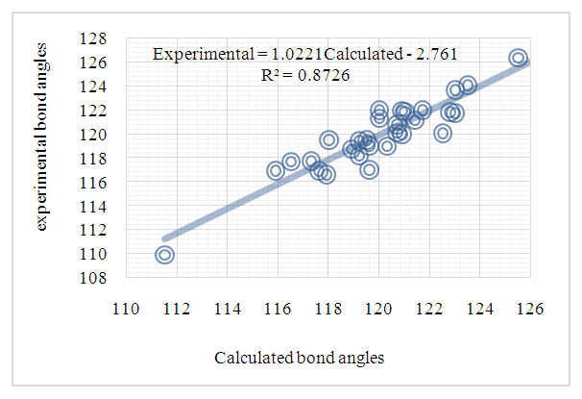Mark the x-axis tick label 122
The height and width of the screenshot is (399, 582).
[x=428, y=310]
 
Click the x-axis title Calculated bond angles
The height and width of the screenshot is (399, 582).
[x=300, y=358]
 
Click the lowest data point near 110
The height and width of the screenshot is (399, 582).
[x=164, y=255]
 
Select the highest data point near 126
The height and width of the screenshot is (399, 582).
[x=518, y=58]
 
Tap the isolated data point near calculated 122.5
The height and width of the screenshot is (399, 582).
[x=443, y=134]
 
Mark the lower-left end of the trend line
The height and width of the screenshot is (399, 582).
[x=165, y=238]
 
